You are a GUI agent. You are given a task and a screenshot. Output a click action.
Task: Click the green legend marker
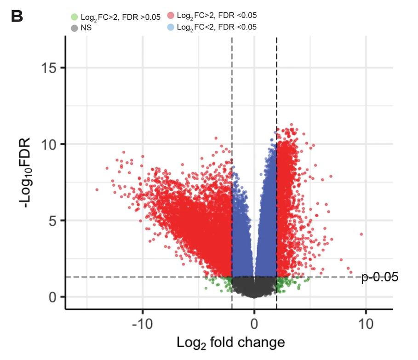coord(74,17)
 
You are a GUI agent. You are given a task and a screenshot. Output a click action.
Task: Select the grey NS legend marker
coord(74,28)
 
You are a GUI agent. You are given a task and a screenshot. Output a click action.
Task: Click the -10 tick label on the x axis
coord(142,323)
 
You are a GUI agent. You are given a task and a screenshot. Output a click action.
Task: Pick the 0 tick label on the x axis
coord(254,323)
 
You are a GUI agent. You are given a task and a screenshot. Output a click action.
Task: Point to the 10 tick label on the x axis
coord(366,323)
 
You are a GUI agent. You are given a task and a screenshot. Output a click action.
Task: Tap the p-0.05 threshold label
coord(379,277)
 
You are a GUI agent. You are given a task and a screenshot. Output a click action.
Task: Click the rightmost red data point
coord(361,234)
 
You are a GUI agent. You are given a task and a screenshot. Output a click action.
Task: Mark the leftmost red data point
coord(97,189)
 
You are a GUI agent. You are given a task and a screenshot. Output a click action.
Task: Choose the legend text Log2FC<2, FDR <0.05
coord(217,27)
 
